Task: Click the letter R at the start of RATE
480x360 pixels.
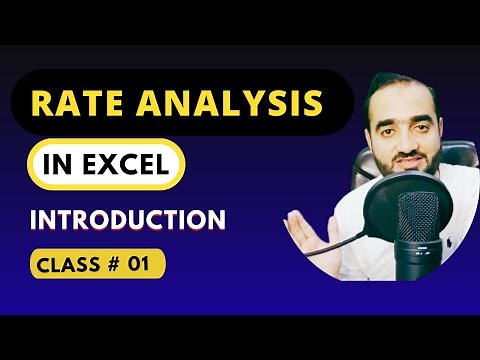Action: coord(43,104)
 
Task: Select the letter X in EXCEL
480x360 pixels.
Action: coord(107,163)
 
